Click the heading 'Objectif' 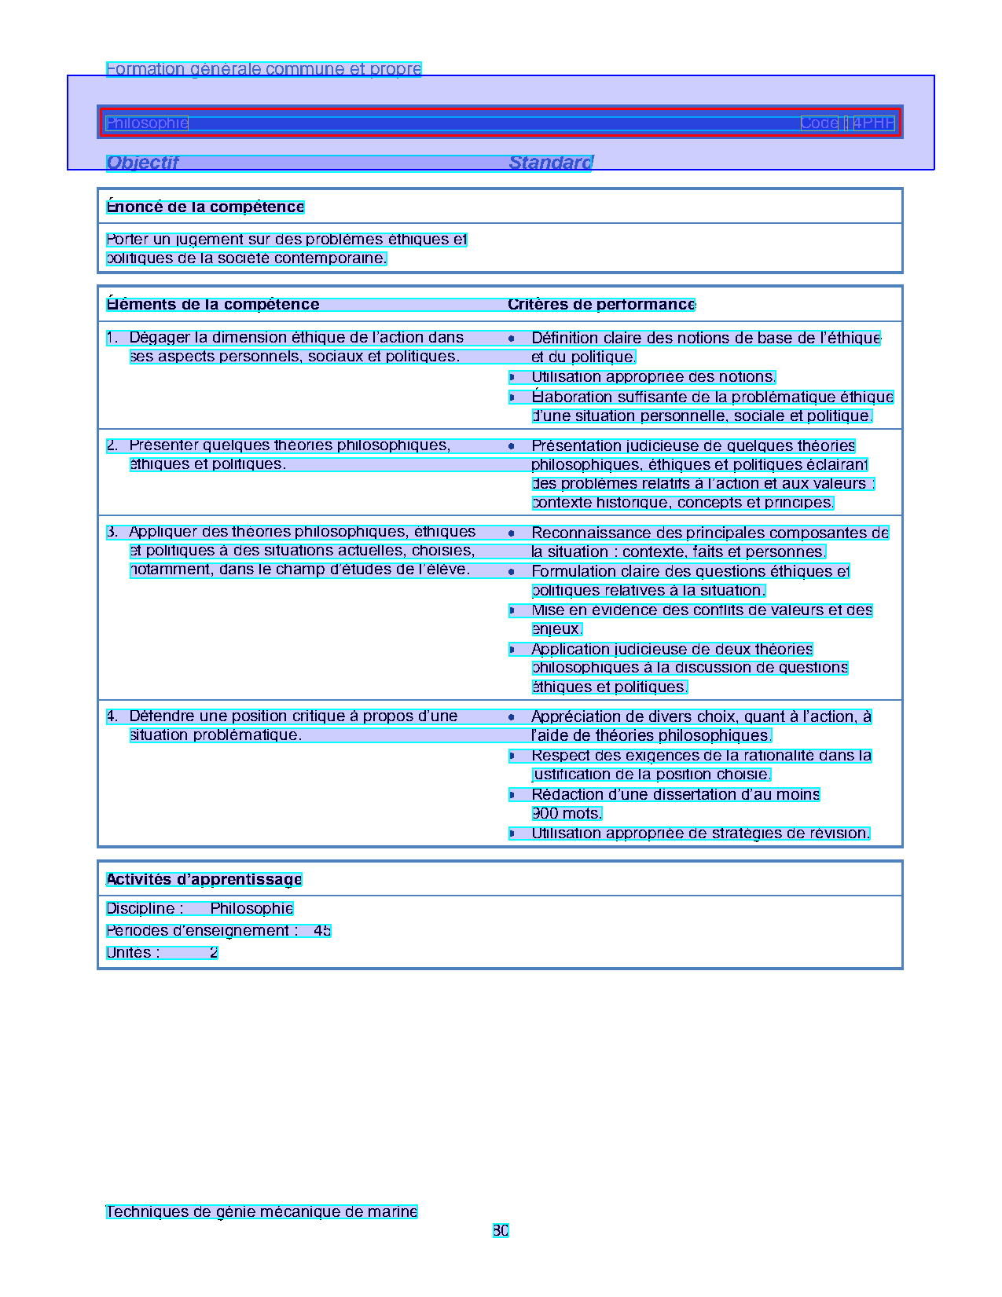tap(142, 163)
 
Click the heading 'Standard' tap(550, 163)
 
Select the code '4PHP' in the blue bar tap(873, 123)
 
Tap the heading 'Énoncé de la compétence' tap(205, 207)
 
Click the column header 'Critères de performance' tap(601, 305)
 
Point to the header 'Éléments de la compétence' tap(212, 305)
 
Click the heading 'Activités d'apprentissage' tap(204, 880)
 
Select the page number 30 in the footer tap(501, 1231)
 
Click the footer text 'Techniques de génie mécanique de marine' tap(262, 1212)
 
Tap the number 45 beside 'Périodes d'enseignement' tap(322, 931)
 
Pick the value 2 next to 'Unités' tap(213, 953)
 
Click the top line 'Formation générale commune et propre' tap(263, 69)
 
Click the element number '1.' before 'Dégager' tap(112, 338)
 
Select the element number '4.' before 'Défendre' tap(112, 716)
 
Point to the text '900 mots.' tap(567, 814)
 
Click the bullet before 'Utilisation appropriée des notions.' tap(512, 378)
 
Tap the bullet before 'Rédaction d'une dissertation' tap(512, 795)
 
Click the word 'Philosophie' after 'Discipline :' tap(251, 909)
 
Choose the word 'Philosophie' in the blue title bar tap(147, 123)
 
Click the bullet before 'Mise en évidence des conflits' tap(512, 610)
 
